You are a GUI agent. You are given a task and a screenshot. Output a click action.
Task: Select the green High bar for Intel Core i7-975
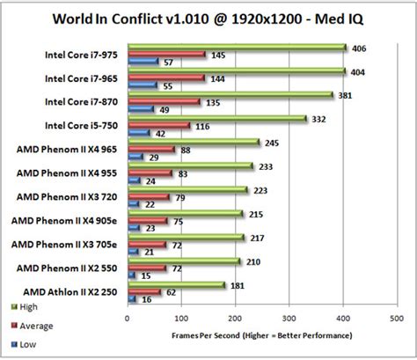238,48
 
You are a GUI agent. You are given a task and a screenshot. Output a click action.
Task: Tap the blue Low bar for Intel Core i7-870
141,109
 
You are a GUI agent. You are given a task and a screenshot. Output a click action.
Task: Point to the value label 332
319,118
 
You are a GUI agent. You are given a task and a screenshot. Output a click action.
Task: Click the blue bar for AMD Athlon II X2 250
132,299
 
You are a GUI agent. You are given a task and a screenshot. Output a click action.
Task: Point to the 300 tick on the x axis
289,319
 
